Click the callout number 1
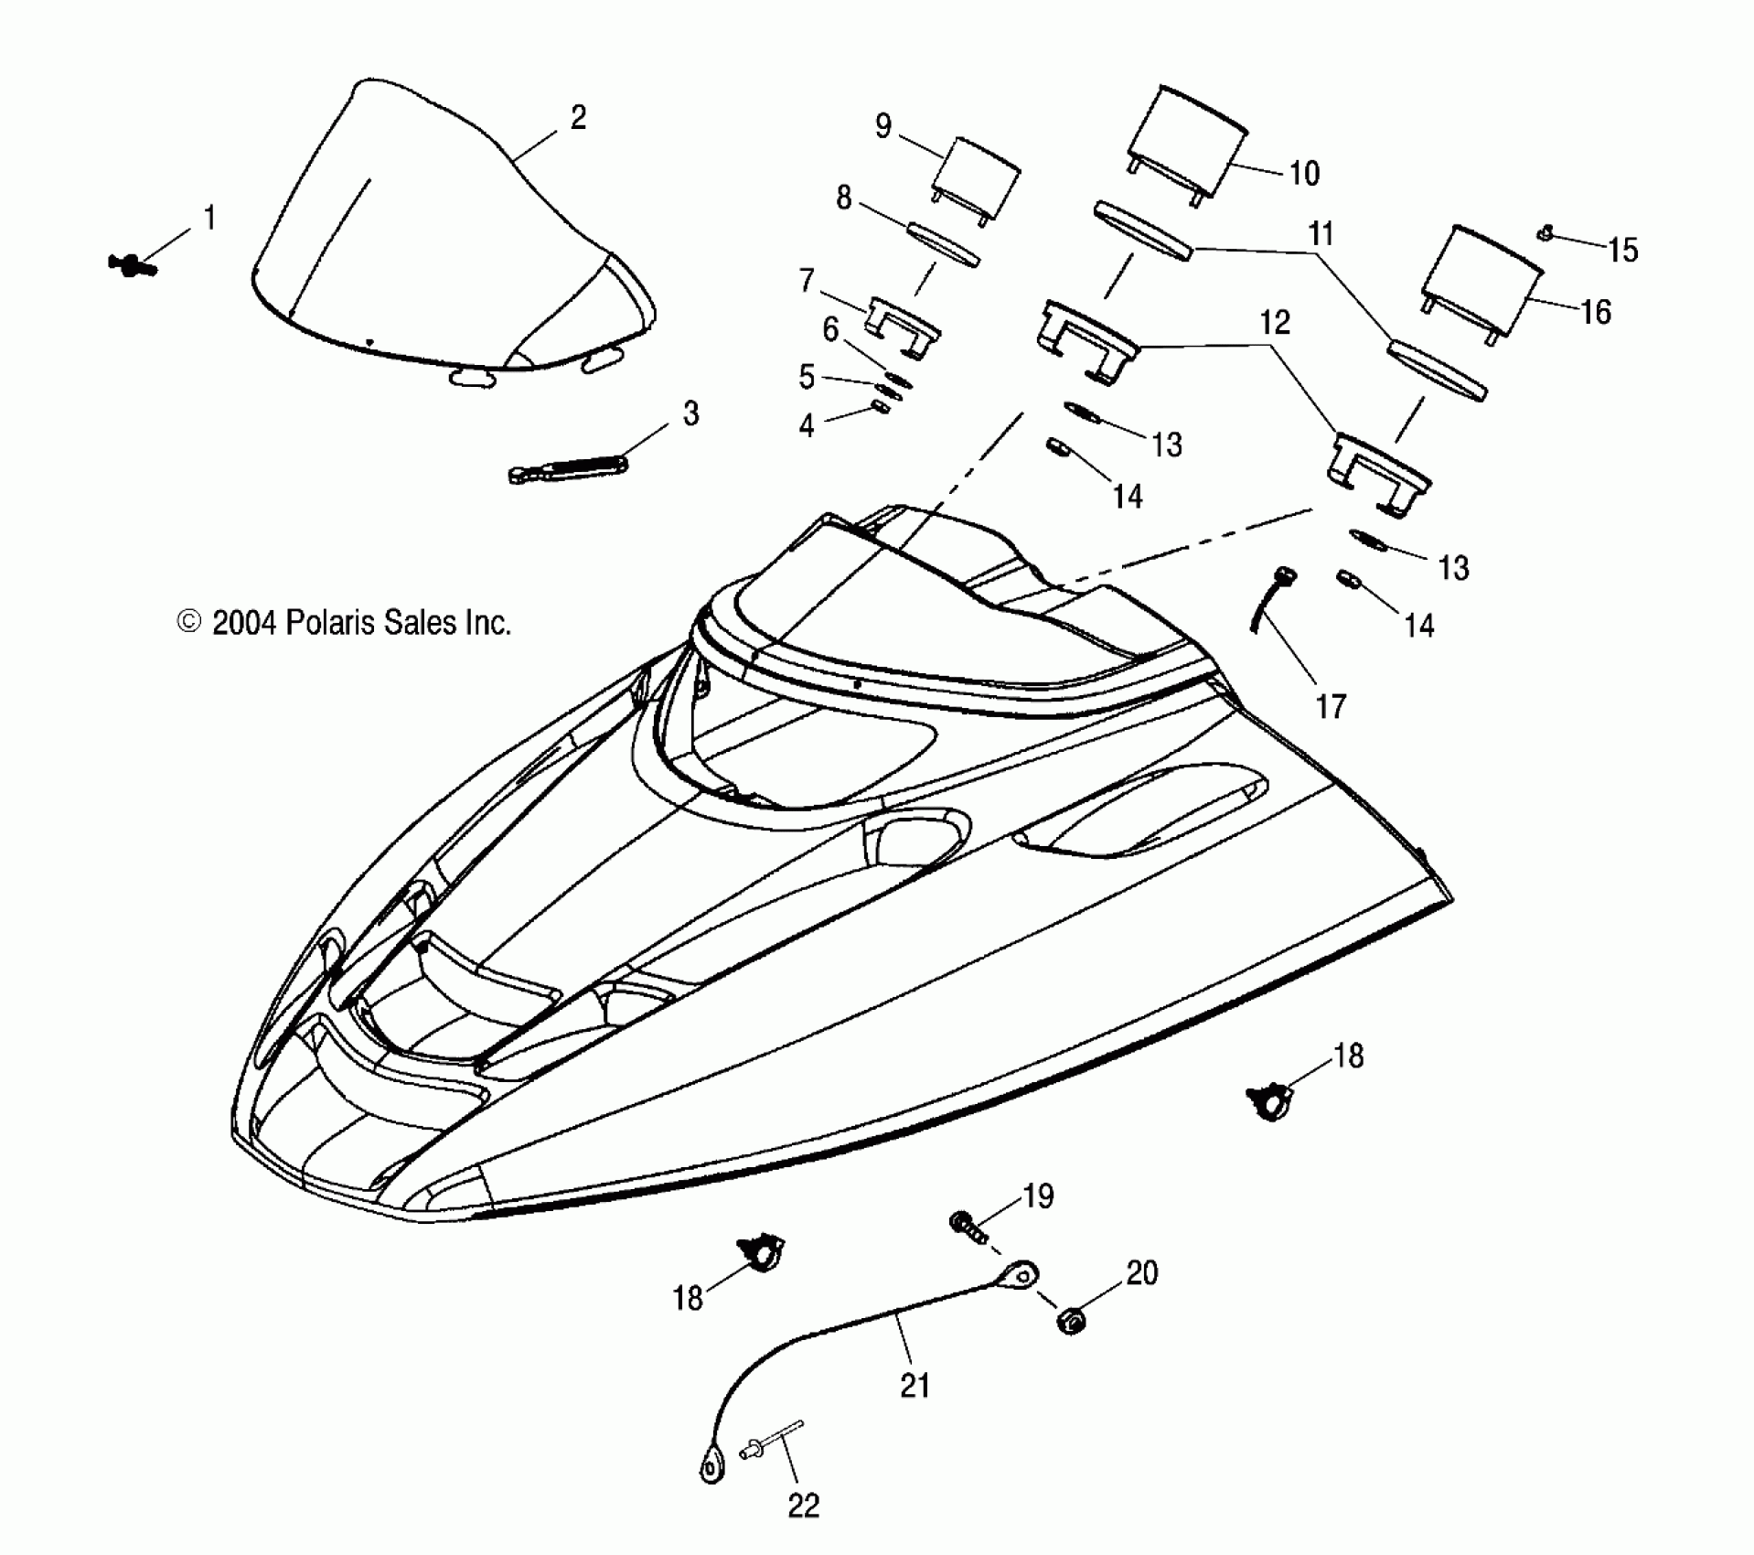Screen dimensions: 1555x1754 coord(209,219)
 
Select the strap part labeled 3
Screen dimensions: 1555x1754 coord(567,466)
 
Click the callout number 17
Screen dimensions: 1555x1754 coord(1331,706)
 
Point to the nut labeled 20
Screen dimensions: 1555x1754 coord(1071,1322)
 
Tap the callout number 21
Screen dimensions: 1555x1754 coord(914,1385)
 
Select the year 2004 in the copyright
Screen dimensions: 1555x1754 coord(243,623)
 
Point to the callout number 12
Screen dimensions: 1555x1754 coord(1275,322)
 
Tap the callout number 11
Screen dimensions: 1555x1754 coord(1321,234)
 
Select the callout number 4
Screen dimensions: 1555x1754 coord(807,425)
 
